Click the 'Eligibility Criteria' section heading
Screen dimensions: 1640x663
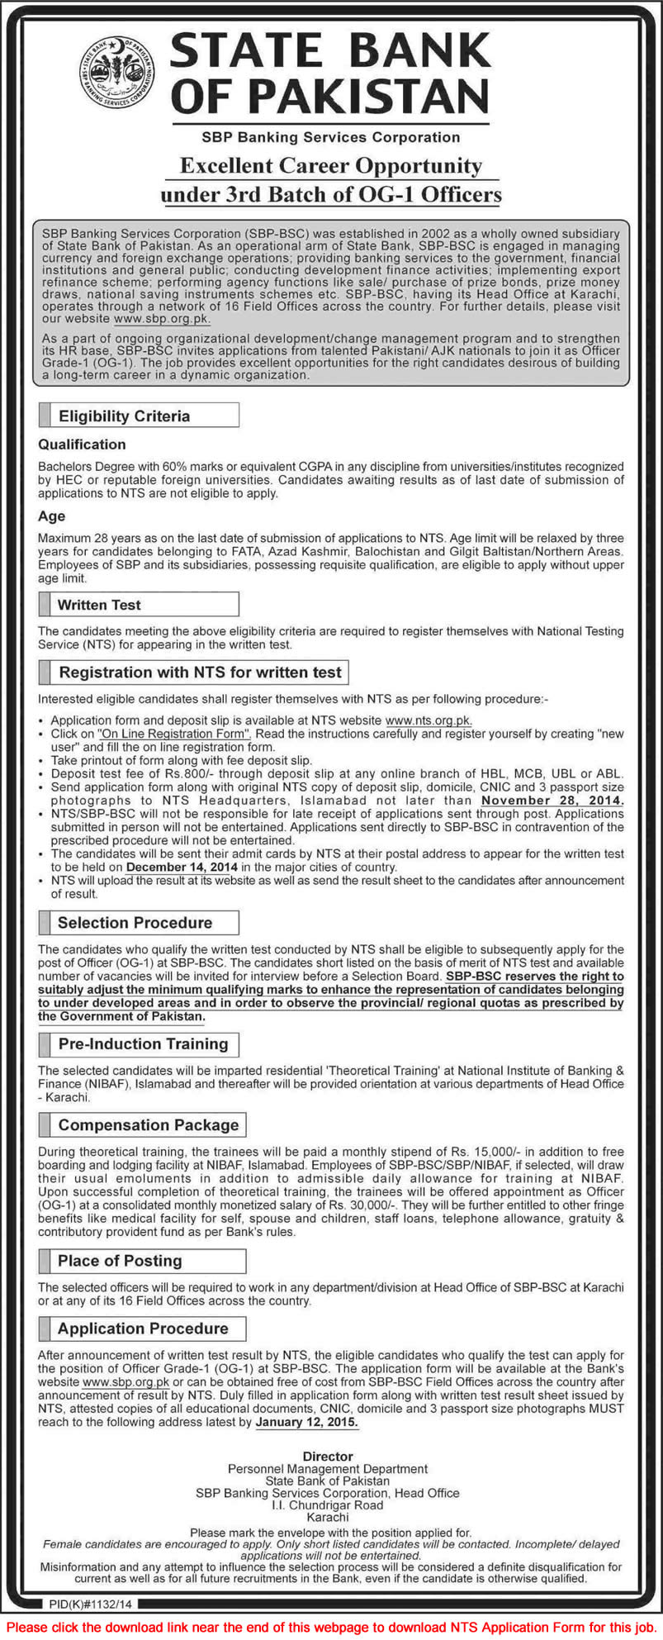coord(124,416)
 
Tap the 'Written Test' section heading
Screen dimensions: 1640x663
coord(99,605)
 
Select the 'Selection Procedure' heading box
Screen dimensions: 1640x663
coord(135,922)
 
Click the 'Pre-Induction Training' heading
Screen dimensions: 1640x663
coord(143,1043)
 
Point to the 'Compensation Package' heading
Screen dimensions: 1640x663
coord(148,1124)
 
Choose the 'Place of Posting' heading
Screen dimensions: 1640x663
coord(120,1260)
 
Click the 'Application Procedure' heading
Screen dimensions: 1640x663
coord(143,1328)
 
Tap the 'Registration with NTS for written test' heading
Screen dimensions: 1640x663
coord(200,672)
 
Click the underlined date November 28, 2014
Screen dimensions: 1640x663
coord(552,800)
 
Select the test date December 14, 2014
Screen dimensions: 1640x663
coord(182,867)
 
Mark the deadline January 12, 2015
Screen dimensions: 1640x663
coord(306,1422)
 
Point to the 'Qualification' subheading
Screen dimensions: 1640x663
coord(82,444)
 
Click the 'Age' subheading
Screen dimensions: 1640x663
coord(51,516)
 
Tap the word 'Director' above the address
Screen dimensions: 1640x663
coord(328,1456)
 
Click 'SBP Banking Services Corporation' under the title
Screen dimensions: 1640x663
coord(331,137)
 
